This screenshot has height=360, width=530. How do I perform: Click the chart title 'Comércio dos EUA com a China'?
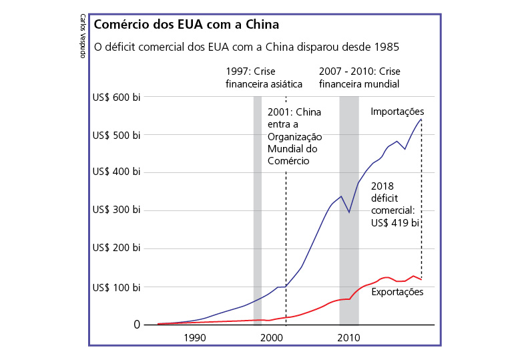(186, 25)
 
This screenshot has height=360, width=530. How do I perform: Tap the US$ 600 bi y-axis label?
(116, 98)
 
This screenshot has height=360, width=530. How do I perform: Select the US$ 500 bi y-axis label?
(116, 136)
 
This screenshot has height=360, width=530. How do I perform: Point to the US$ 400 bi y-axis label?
(116, 173)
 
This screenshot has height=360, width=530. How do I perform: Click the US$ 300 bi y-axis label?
(116, 211)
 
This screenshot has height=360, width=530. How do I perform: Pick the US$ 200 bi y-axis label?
(116, 249)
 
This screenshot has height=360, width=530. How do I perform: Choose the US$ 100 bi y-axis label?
(116, 287)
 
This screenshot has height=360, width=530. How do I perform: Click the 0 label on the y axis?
(137, 325)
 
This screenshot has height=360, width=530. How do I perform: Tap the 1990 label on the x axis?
(195, 337)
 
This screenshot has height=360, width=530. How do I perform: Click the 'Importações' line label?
(397, 112)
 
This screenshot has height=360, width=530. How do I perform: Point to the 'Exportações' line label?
(397, 292)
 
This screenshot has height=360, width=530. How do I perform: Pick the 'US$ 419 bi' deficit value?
(394, 223)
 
